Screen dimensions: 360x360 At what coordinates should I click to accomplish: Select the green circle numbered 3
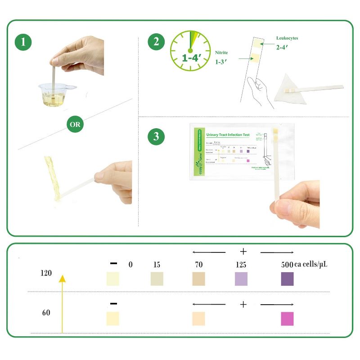156,137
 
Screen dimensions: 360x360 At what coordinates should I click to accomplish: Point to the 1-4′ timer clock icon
190,50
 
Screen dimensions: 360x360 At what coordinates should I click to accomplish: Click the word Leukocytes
287,38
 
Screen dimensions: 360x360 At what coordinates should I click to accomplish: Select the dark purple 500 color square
287,279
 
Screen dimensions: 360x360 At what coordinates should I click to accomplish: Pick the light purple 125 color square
242,279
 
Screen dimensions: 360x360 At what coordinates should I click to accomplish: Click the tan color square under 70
198,279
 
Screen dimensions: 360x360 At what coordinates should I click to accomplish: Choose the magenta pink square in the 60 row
287,319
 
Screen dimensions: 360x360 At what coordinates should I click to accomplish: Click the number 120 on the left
46,273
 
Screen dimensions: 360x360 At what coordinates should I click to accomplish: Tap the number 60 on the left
46,313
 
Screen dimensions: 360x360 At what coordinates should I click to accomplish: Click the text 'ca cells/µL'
310,265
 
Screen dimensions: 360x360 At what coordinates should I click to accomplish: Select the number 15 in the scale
156,265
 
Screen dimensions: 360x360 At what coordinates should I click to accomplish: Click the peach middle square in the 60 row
198,319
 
